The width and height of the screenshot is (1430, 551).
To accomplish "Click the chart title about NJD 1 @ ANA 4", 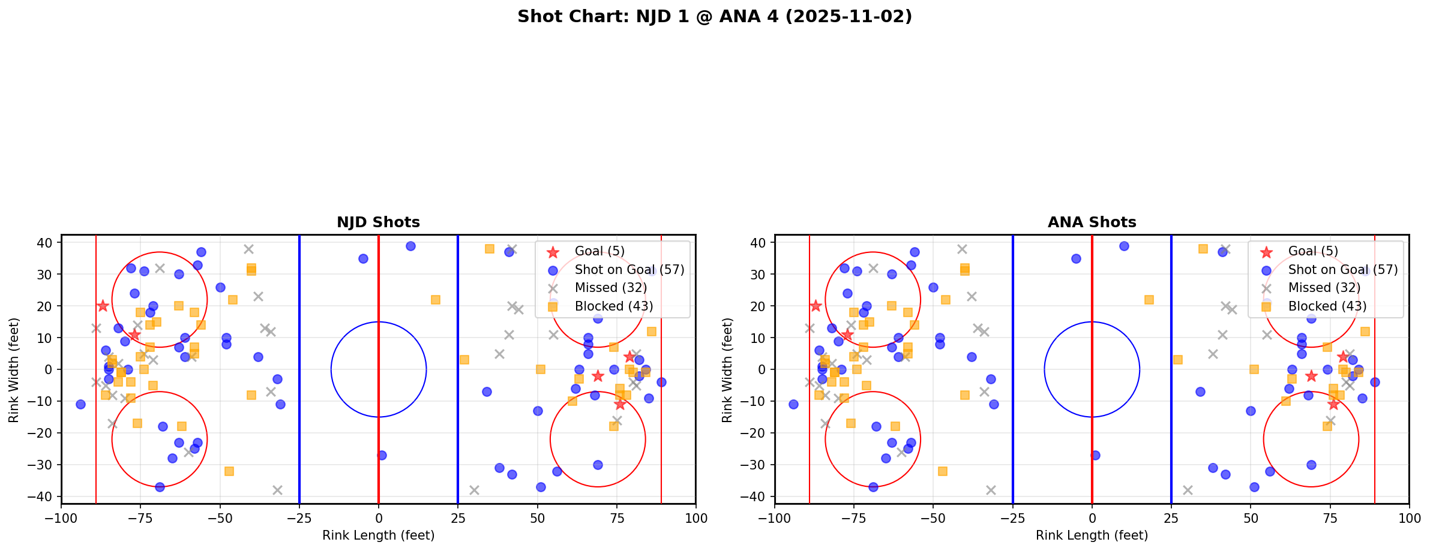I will tap(714, 17).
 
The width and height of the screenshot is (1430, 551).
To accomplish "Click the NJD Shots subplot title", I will tap(378, 222).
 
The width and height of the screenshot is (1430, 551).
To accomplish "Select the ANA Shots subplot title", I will tap(1092, 222).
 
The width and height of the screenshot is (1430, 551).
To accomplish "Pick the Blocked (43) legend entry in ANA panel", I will tap(1327, 306).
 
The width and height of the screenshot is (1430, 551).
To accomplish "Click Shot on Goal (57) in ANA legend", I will tap(1343, 270).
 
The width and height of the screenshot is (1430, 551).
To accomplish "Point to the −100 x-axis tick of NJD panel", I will tap(61, 518).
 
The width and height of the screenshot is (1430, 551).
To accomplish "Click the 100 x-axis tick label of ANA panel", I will tap(1409, 518).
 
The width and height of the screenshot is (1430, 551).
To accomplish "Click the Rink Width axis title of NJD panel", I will tap(14, 369).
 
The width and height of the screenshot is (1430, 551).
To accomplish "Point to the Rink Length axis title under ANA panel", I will tap(1092, 535).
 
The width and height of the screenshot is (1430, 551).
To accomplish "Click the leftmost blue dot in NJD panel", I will tap(80, 404).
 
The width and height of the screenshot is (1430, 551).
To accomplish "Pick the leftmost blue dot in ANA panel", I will tap(793, 404).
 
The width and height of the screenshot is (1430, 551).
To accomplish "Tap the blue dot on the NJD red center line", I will tap(382, 455).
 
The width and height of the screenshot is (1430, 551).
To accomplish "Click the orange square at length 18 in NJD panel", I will tap(436, 300).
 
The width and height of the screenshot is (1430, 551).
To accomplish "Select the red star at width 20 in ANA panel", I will tap(816, 306).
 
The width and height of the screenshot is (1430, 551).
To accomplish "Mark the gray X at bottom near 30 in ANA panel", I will tap(1187, 490).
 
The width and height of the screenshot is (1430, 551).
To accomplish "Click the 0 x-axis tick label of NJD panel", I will tap(379, 518).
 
